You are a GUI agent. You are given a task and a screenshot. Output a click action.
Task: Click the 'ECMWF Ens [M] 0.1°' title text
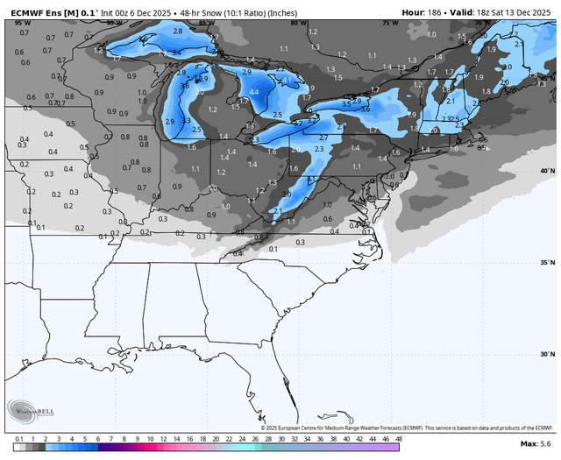coord(49,12)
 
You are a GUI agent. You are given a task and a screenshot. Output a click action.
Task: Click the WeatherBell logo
coord(32,410)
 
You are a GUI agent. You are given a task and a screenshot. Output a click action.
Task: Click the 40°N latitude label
coord(546,171)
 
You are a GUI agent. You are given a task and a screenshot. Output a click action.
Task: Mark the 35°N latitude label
coord(546,262)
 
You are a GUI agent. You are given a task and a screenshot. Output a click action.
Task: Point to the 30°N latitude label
coord(546,354)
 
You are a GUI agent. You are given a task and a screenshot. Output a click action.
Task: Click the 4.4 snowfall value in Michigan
coord(254,92)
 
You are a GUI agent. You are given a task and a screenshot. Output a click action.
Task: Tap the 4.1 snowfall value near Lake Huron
coord(286,80)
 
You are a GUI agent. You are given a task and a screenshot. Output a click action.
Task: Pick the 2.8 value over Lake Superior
coord(178,31)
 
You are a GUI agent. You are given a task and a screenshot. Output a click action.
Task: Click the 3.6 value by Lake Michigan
coord(184,86)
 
